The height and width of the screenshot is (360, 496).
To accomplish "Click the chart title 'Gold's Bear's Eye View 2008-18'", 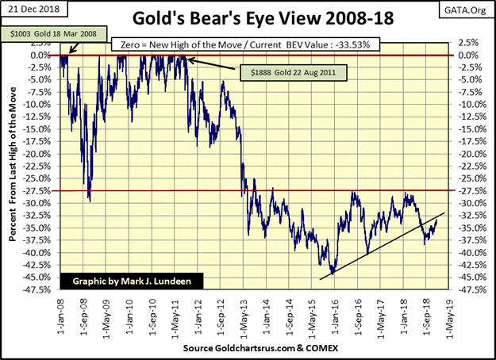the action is coord(263,18).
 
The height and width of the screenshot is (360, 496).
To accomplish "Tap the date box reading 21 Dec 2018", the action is coord(34,9).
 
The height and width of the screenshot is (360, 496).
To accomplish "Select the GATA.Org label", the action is coord(465,10).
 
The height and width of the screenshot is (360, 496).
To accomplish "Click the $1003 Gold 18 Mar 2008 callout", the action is coord(53,34).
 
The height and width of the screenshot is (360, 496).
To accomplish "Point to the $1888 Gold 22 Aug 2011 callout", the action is coord(293,73).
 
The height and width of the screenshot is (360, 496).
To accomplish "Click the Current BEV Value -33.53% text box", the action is coord(245,44).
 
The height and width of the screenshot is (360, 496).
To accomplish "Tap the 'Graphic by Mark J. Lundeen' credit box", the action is coord(132,281).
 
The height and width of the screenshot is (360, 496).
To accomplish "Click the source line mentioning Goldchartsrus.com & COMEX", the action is coord(260,348).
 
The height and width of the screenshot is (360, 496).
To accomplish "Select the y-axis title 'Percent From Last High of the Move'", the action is coord(13,164).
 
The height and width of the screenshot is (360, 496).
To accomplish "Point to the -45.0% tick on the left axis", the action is coord(37,278).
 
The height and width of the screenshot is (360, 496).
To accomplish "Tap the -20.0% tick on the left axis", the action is coord(37,154).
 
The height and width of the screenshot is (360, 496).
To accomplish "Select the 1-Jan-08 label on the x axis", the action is coord(60,316).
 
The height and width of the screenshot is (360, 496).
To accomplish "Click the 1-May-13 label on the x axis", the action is coord(244,316).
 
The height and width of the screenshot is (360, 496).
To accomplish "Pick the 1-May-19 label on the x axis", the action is coord(449,318).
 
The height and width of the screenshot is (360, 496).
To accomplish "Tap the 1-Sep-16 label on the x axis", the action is coord(358,317).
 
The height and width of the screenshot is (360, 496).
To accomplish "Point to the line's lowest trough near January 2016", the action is coord(333,274).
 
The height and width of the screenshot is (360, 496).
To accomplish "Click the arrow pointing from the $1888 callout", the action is coord(212,64).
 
